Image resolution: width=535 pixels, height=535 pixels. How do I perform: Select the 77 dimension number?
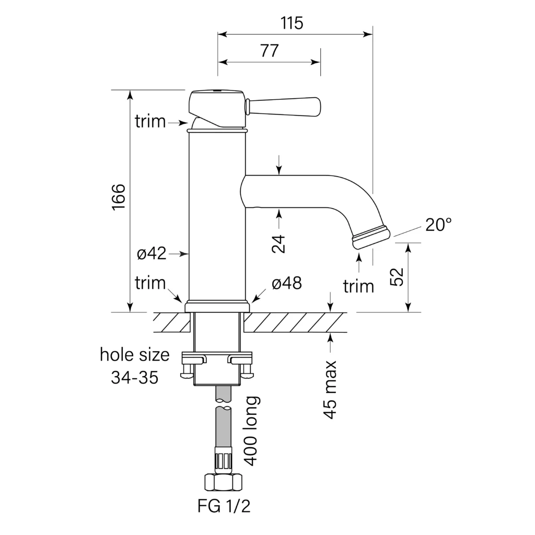point(269,51)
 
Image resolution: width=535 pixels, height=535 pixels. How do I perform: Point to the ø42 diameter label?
point(152,254)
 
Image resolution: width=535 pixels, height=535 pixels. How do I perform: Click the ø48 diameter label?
point(286,284)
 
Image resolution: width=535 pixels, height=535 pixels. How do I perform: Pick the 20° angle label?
point(438,225)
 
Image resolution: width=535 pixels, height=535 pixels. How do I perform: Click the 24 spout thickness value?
point(280,243)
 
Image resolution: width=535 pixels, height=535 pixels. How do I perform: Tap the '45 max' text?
point(330,390)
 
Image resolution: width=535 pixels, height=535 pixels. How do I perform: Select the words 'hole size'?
point(135,355)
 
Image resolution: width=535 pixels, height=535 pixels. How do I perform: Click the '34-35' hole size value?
point(134,378)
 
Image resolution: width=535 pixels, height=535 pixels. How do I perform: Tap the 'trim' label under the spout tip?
point(358,286)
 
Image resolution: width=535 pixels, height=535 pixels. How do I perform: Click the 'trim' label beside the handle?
point(150,122)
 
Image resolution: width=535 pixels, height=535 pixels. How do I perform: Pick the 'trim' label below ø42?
point(150,284)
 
